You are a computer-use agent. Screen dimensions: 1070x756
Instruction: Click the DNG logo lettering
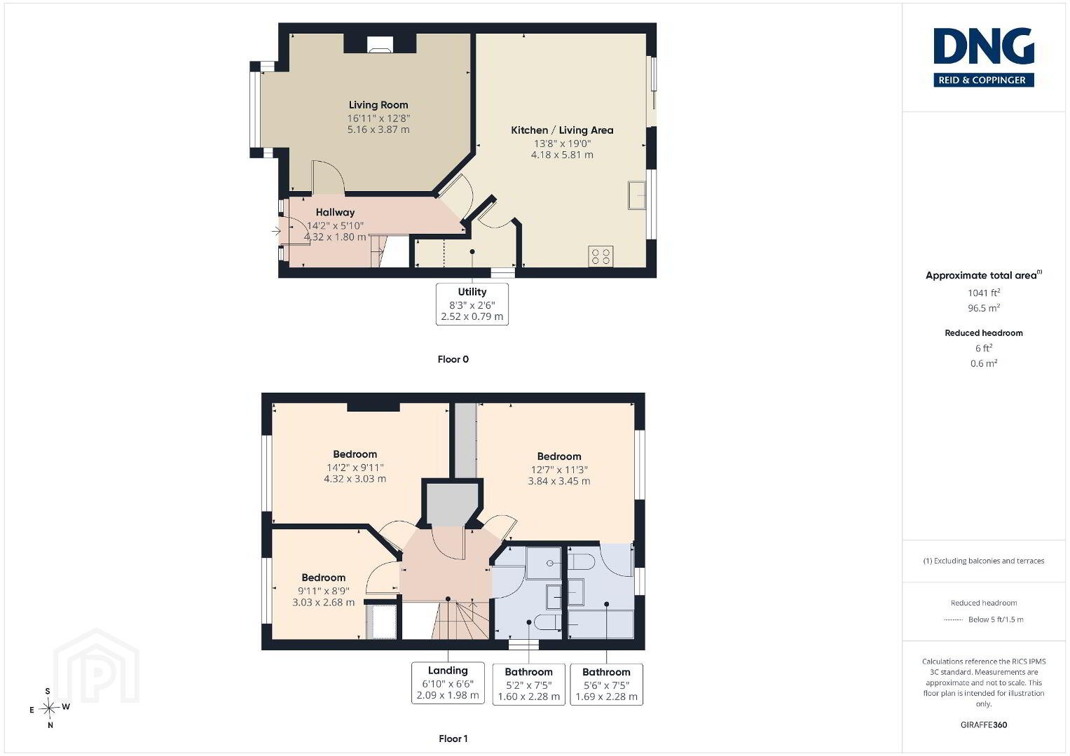(984, 45)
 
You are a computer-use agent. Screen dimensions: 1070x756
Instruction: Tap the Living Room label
(378, 105)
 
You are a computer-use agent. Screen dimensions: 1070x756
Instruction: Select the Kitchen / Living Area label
(562, 130)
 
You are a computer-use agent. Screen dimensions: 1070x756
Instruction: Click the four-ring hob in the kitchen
(601, 255)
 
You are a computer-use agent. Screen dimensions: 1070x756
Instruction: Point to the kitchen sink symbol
(636, 195)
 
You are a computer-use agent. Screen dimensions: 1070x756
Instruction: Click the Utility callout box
(472, 304)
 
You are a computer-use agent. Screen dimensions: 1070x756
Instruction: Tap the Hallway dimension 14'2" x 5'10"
(335, 225)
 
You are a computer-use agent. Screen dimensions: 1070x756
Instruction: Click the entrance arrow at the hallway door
(276, 232)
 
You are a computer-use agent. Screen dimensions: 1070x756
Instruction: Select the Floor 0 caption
(453, 359)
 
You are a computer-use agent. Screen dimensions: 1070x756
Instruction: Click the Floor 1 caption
(453, 738)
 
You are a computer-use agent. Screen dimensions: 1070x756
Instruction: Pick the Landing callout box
(448, 682)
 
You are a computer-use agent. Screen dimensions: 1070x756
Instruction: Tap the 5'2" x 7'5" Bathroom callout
(529, 684)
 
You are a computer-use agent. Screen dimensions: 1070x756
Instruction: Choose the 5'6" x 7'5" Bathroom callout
(606, 684)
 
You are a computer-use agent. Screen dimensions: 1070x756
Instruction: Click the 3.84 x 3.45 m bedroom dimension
(559, 481)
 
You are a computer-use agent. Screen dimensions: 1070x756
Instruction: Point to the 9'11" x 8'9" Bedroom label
(324, 578)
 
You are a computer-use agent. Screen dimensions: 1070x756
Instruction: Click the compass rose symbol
(49, 708)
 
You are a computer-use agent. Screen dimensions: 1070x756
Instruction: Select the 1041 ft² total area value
(984, 293)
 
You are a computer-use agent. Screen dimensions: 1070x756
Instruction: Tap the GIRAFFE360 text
(984, 725)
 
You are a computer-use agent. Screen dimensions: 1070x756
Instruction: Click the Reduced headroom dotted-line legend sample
(954, 620)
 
